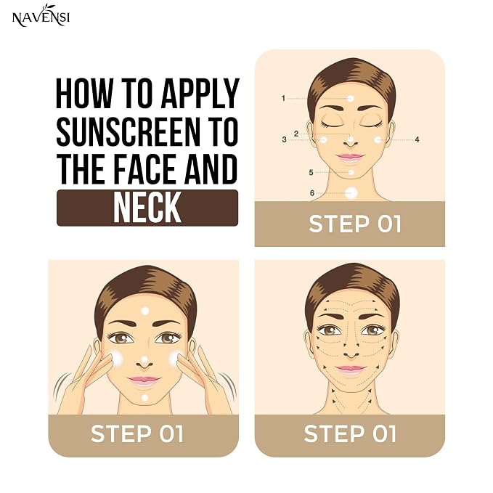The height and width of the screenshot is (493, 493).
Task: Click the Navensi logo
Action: pos(41,16)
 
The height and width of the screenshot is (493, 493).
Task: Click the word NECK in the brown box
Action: pos(147,208)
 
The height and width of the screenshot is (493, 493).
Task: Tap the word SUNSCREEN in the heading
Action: pos(128,131)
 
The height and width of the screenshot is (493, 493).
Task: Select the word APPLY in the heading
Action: pos(200,94)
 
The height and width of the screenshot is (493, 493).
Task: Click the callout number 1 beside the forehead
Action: pos(283,99)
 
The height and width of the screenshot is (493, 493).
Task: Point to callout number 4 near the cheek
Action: pos(417,139)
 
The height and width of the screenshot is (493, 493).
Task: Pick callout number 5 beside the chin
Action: pos(311,172)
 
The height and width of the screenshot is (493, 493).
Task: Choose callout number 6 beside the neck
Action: pos(312,192)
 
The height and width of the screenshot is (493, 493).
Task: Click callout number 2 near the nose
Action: pos(296,134)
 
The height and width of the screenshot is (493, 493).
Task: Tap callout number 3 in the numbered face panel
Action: pos(284,139)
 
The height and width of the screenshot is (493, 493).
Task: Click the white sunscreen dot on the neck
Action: pos(351,192)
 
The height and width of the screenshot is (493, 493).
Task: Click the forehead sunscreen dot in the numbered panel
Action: pos(350,99)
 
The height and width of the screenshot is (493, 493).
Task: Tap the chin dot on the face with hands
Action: pos(144,398)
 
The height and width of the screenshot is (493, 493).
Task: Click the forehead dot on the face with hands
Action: pos(145,311)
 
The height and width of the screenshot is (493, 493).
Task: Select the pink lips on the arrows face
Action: pos(351,370)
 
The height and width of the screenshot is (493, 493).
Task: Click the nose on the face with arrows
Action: pos(351,354)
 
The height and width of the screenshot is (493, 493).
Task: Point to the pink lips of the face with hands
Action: pos(144,380)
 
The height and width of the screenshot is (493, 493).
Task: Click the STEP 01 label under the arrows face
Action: pos(350,433)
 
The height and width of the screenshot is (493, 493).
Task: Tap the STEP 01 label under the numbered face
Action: pos(354,224)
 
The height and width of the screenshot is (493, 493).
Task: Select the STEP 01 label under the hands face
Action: pos(137,433)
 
